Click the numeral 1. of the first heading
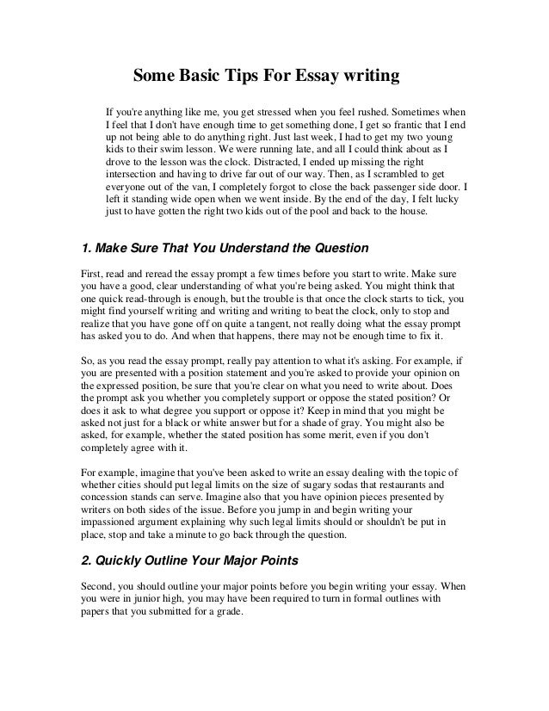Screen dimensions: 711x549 85,250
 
